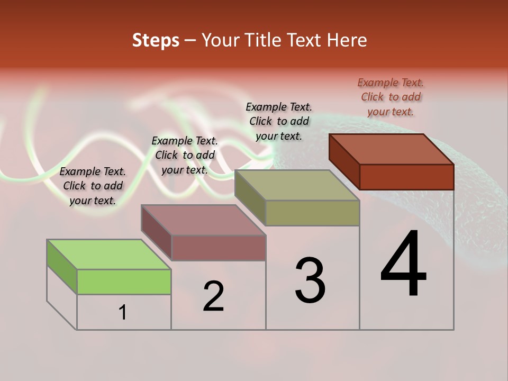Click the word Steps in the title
pos(156,40)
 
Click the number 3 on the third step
pos(310,280)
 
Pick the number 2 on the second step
pos(214,296)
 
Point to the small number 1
pos(123,312)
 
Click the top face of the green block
pos(109,255)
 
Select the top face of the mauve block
pos(204,220)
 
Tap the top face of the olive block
pos(297,185)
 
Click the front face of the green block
pos(124,282)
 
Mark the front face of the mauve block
pos(219,248)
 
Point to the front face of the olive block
pos(312,213)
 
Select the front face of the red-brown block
pos(406,177)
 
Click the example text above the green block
pos(93,186)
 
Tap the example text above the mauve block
pos(185,155)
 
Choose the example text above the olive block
pos(279,121)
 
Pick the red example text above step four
pos(391,97)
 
